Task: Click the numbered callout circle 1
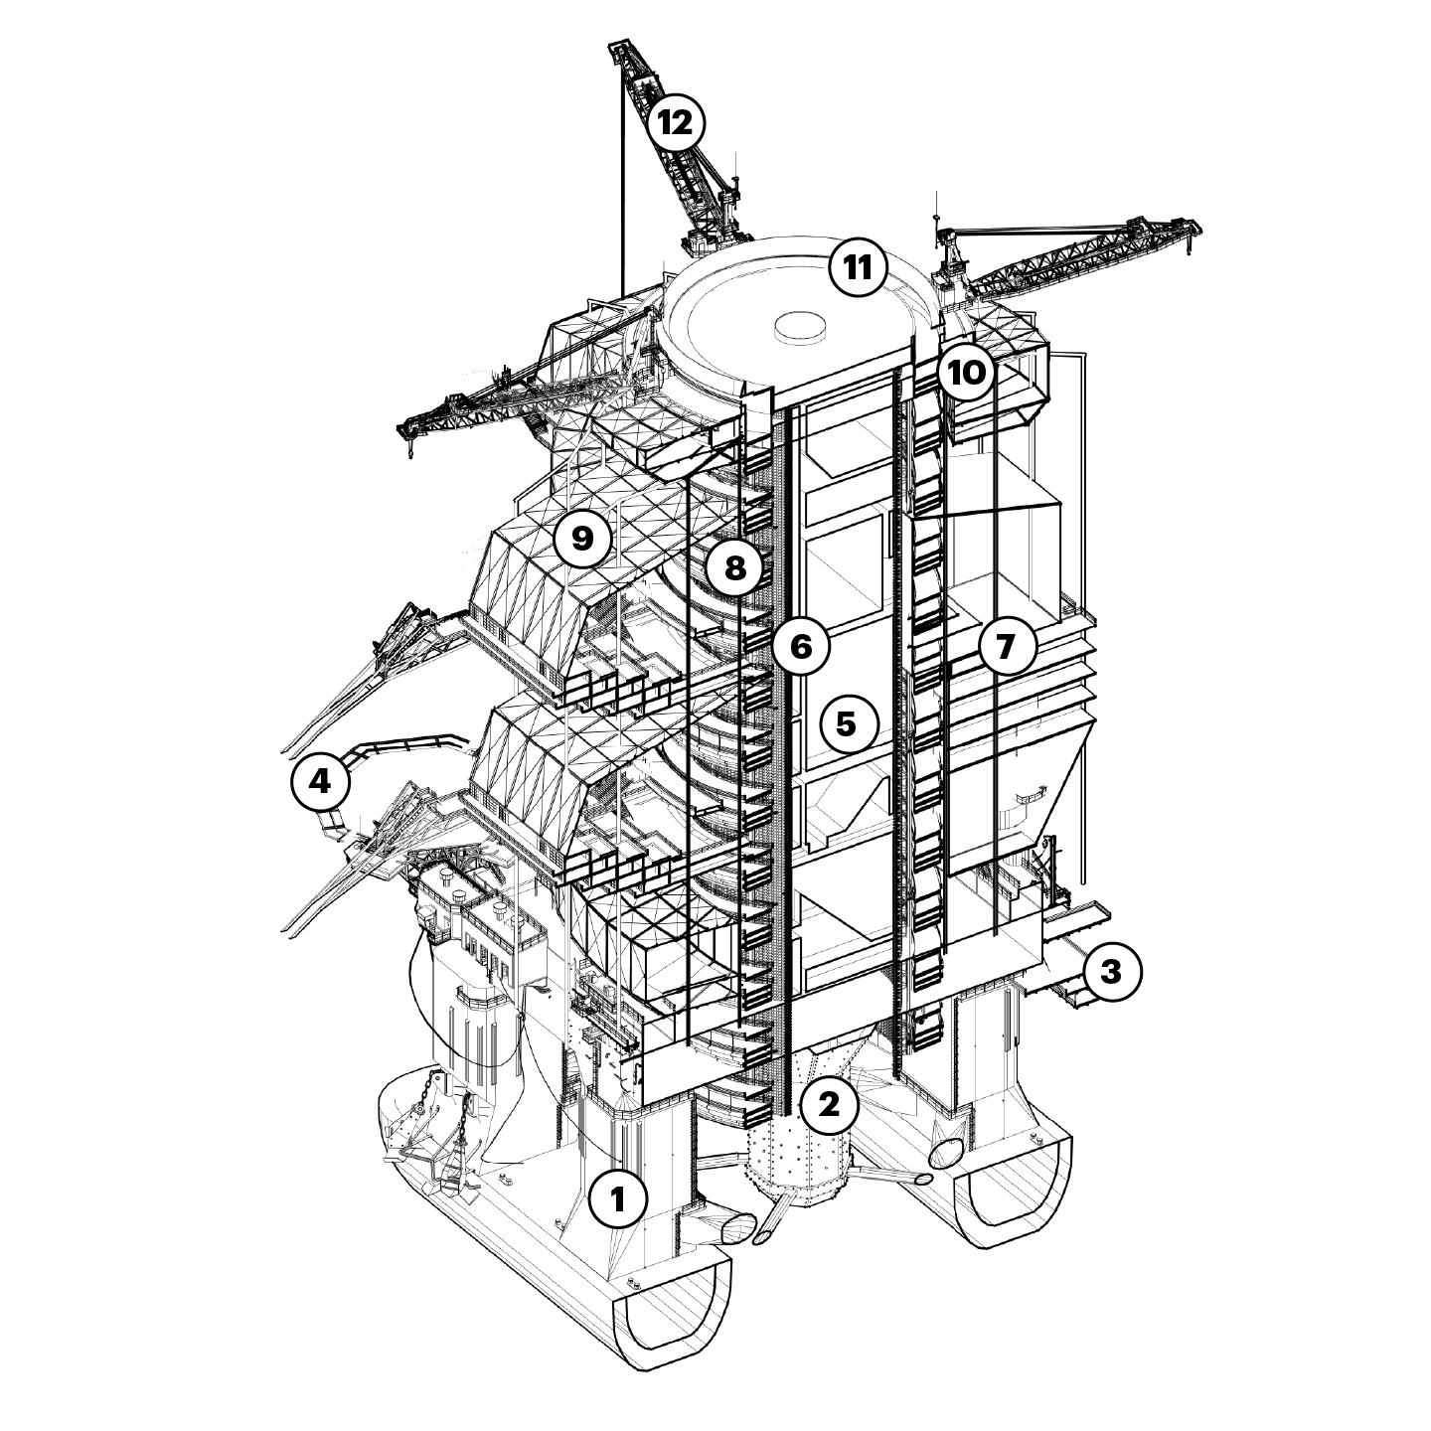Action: (618, 1198)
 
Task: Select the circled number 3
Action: (1110, 972)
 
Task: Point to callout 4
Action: (320, 781)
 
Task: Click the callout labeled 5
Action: (847, 724)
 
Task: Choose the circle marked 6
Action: (801, 647)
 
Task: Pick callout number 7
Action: (1007, 647)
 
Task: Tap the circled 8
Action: (734, 568)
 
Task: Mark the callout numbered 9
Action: (583, 539)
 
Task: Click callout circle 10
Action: (966, 373)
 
